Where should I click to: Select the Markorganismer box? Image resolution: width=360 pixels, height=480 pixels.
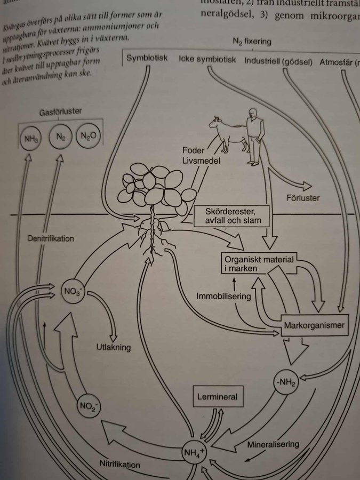pyautogui.click(x=315, y=325)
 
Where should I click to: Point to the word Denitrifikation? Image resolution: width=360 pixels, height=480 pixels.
pyautogui.click(x=51, y=238)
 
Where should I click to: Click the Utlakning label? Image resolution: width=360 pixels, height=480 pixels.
pyautogui.click(x=113, y=347)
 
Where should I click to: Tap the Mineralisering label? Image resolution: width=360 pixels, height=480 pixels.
pyautogui.click(x=273, y=444)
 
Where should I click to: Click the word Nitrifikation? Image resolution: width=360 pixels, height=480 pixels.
pyautogui.click(x=120, y=464)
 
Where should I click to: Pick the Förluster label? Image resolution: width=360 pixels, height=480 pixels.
pyautogui.click(x=302, y=198)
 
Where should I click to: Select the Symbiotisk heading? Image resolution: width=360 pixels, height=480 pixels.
pyautogui.click(x=147, y=59)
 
